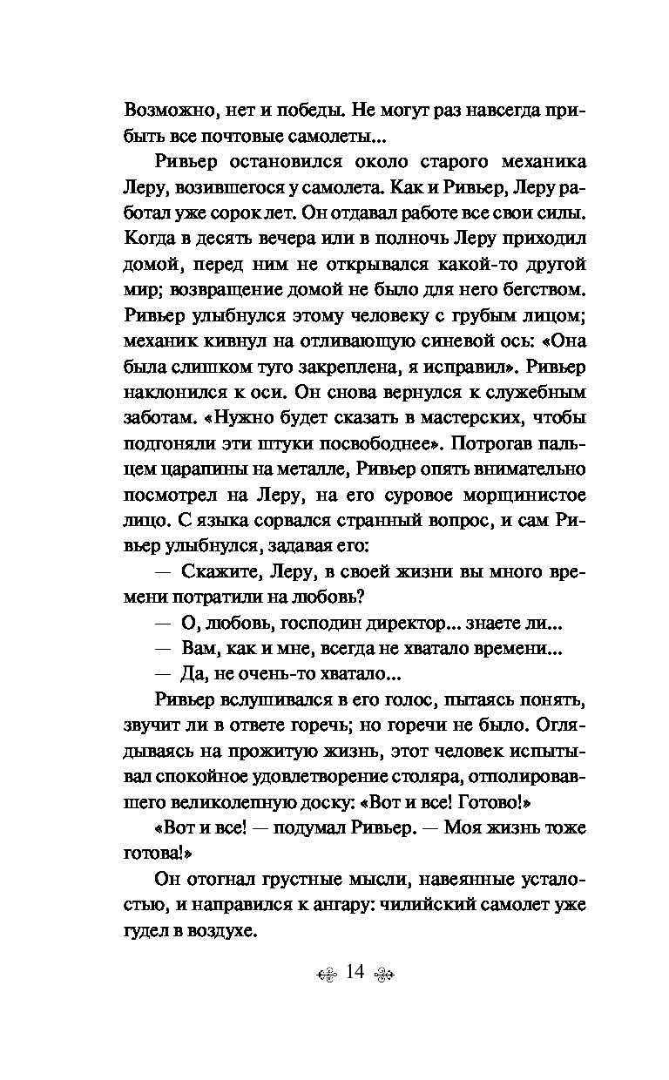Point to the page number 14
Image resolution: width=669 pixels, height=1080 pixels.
pos(354,973)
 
